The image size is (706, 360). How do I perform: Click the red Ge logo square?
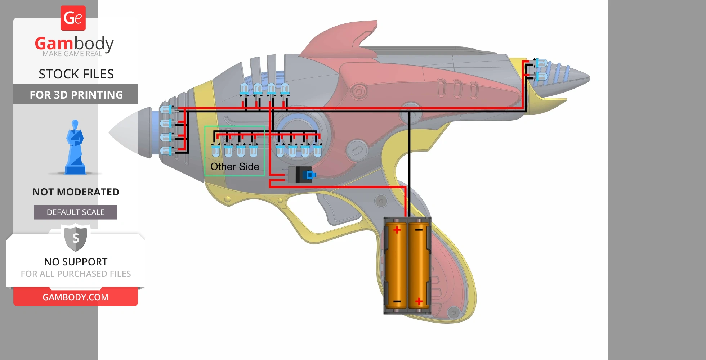coord(73,18)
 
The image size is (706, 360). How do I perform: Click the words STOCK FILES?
coord(76,74)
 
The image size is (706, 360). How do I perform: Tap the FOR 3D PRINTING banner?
coord(76,95)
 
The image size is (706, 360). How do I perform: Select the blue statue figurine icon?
coord(75,148)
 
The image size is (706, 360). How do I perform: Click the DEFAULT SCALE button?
coord(76,212)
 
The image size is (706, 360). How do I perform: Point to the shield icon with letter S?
coord(76,238)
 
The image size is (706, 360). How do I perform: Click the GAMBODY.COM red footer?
coord(76,297)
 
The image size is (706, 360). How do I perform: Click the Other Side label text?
coord(234,167)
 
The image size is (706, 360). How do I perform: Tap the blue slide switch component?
coord(308,175)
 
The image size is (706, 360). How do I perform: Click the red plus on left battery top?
coord(397,230)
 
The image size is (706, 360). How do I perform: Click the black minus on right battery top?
coord(419,229)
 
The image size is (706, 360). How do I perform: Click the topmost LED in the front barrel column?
coord(166,109)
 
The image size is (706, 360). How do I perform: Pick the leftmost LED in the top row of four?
coord(244,88)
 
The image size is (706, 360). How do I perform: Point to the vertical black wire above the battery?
coord(409,162)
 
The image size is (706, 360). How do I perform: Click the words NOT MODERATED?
coord(76,192)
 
